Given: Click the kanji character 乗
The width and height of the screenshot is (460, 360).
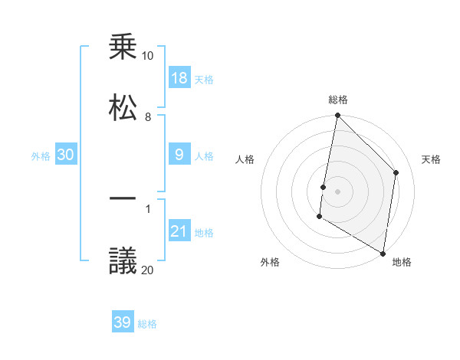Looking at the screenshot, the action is point(123,47).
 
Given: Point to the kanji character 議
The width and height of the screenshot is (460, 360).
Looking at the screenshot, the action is point(123,261).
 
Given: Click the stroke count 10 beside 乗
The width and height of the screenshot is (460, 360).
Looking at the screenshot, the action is point(147,56).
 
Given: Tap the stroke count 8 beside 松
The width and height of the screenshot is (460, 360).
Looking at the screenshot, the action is point(147,117).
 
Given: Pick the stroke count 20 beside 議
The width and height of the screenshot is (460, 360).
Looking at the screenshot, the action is point(147,269).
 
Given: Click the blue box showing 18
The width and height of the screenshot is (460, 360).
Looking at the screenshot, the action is point(179,79).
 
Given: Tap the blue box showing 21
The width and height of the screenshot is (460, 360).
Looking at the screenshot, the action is point(179,231).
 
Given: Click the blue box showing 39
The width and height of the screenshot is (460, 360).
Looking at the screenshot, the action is point(123,322).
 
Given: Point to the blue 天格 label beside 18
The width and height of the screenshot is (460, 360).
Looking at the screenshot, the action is point(204,80).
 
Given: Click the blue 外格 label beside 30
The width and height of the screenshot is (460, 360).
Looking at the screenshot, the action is point(41,156).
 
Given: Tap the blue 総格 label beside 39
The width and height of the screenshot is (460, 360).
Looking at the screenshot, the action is point(148,324).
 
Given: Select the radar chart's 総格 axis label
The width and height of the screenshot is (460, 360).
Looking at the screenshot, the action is point(338,100).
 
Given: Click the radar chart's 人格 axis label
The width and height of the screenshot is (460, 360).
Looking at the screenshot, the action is point(245,160).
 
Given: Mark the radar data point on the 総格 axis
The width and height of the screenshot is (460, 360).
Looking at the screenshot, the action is point(337,116).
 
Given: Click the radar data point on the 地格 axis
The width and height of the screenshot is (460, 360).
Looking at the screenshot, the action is point(383,253).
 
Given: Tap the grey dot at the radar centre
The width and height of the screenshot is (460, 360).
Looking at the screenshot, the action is point(337,191).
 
